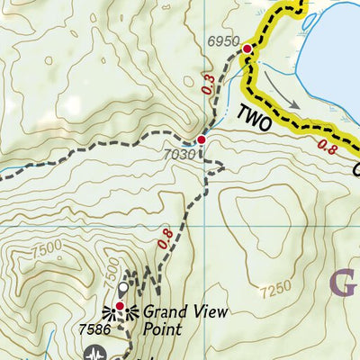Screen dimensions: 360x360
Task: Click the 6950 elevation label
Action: tap(223, 41)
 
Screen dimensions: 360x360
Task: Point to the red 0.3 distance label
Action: tap(210, 85)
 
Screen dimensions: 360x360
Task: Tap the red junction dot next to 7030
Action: tap(202, 140)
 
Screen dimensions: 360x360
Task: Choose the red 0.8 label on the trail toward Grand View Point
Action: tap(165, 239)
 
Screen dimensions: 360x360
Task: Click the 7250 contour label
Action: tap(274, 290)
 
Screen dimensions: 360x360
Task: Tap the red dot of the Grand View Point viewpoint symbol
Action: tap(120, 307)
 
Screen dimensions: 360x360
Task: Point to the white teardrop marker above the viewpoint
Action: tap(123, 289)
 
